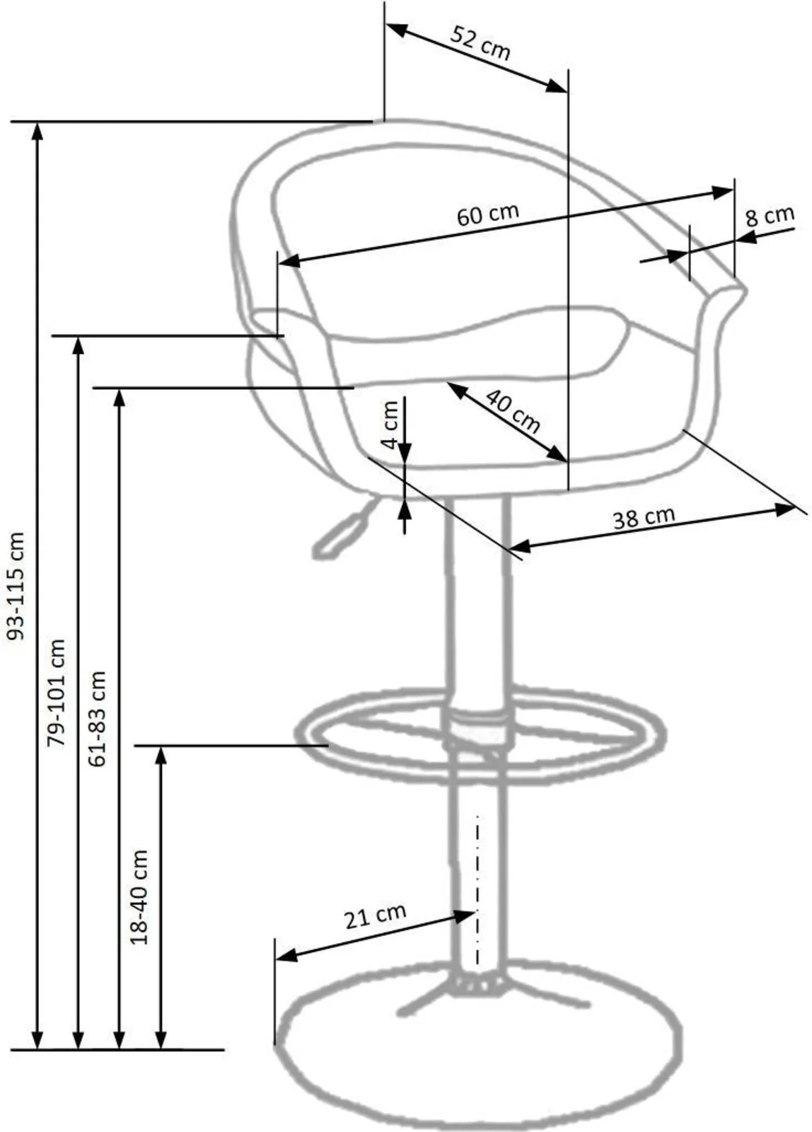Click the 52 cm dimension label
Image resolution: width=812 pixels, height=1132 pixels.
click(480, 44)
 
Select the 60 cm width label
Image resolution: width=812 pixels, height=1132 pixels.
click(487, 214)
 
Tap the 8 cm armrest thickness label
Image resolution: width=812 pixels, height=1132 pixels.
click(770, 216)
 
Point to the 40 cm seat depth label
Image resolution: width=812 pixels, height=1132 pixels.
click(512, 411)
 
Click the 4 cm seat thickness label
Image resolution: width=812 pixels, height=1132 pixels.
click(391, 424)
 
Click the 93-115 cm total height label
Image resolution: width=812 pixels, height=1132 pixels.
click(17, 586)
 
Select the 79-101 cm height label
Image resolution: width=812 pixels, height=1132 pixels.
click(56, 693)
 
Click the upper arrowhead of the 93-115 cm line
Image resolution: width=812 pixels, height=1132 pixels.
click(37, 132)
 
